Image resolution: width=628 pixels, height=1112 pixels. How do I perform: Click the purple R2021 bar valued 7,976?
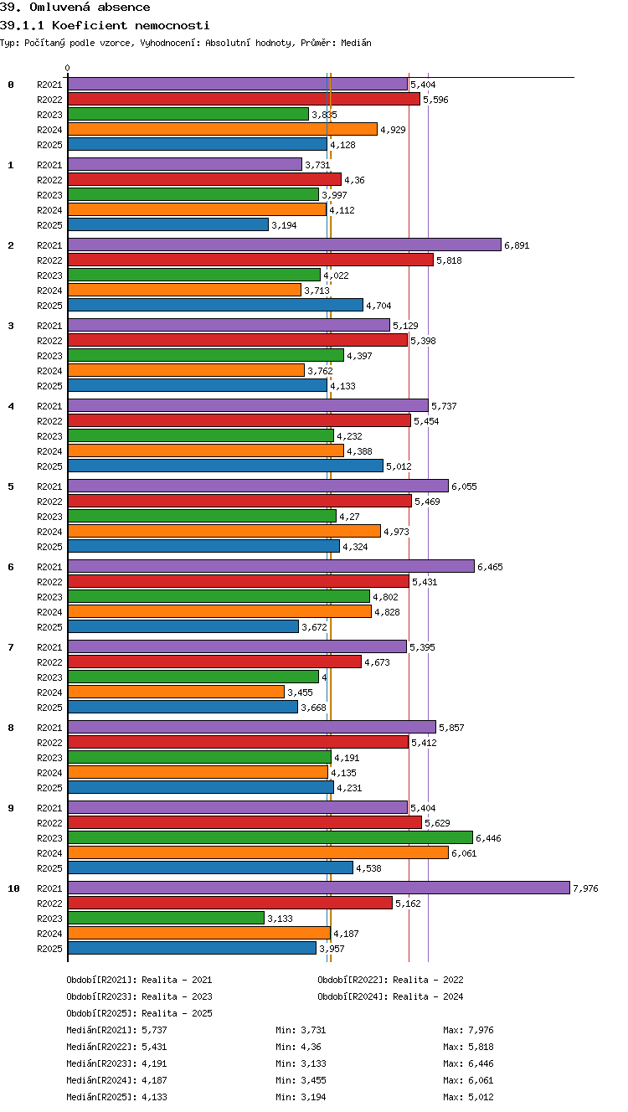point(319,888)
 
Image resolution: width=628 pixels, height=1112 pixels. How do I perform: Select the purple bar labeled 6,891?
point(285,245)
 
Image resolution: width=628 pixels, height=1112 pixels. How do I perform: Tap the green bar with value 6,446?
point(270,837)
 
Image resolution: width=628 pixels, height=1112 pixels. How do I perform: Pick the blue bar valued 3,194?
point(168,224)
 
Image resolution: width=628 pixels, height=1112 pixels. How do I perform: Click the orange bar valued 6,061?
point(258,852)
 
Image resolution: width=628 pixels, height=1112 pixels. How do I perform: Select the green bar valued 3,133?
point(167,918)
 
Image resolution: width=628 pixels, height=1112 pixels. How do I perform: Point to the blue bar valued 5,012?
point(226,466)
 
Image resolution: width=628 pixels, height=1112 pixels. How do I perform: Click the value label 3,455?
point(301,692)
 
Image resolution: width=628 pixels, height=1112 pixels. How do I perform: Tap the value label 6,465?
point(490,567)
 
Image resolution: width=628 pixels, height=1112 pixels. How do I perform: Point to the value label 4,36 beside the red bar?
point(354,180)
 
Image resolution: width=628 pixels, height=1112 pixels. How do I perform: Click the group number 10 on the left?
point(13,888)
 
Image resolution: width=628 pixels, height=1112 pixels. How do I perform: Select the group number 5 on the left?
point(11,486)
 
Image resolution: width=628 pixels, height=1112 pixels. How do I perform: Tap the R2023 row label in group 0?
point(49,115)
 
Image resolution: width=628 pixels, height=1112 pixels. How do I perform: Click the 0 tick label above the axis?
point(68,68)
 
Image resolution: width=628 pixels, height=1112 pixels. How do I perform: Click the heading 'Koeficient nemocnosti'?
point(131,25)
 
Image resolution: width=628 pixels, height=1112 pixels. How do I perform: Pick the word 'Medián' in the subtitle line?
point(356,43)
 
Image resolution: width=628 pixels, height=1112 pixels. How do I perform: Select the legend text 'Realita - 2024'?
point(428,996)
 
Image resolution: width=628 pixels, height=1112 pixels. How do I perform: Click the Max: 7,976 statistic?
point(468,1030)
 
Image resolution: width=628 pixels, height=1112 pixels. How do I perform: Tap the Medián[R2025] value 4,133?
point(154,1097)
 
